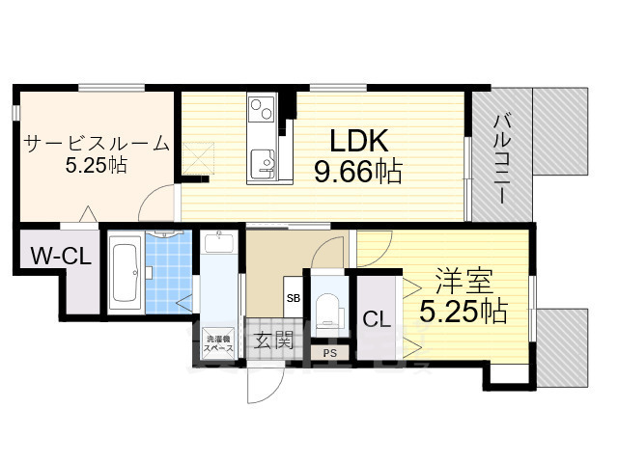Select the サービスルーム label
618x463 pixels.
(x=96, y=145)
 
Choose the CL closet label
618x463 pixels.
(x=377, y=319)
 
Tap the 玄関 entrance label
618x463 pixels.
(x=274, y=340)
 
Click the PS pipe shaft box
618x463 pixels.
(x=330, y=353)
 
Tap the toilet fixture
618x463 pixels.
(x=328, y=306)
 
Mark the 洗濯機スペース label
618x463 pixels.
(x=221, y=342)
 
